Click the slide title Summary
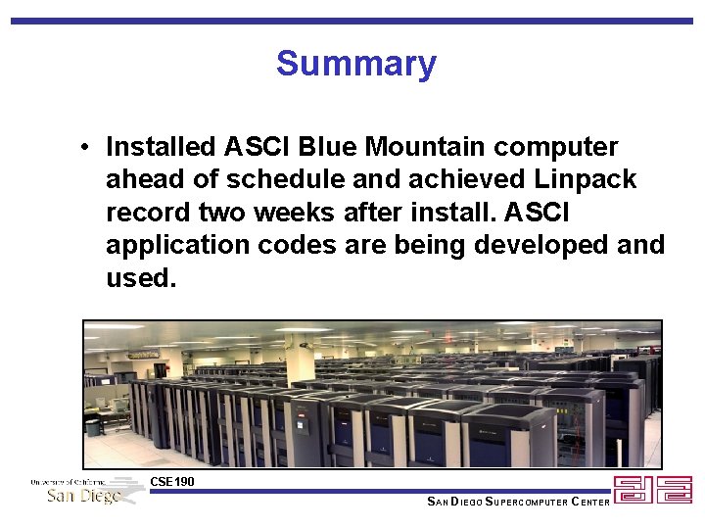click(x=355, y=64)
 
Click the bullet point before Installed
click(x=87, y=148)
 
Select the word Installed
click(x=161, y=147)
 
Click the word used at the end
click(x=139, y=278)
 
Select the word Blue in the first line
click(x=328, y=147)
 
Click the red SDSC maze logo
click(x=653, y=490)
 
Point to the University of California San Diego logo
click(x=86, y=491)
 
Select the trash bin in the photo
click(x=93, y=427)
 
